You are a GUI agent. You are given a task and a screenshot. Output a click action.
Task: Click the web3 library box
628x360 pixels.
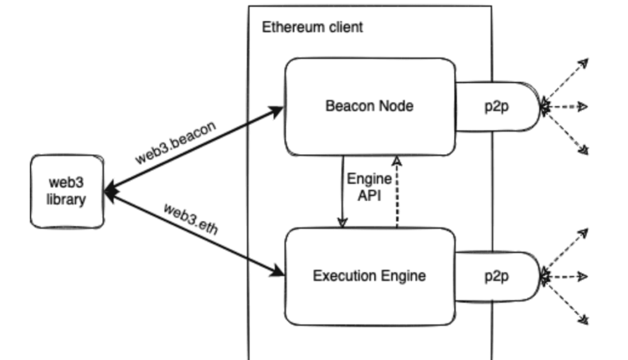(x=67, y=190)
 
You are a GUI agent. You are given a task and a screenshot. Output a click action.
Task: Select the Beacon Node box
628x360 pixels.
(x=369, y=106)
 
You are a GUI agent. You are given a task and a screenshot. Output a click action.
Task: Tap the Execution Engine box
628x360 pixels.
(x=369, y=274)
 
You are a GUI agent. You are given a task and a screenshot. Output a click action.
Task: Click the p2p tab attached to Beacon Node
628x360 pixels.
(x=497, y=106)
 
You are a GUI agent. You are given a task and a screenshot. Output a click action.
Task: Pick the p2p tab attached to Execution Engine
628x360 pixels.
(x=497, y=274)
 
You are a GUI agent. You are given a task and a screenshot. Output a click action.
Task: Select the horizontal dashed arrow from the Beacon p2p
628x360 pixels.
(x=566, y=106)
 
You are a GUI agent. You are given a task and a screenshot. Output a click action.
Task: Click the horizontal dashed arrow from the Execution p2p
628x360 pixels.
(x=566, y=274)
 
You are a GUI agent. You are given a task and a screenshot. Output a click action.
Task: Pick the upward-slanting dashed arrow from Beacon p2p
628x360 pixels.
(x=566, y=84)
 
